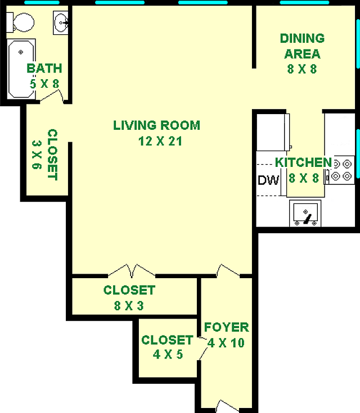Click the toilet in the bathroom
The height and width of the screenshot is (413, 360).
click(21, 22)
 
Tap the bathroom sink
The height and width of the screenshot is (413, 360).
click(61, 22)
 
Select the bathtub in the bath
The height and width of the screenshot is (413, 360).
click(21, 69)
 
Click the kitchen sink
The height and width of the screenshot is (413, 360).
click(305, 213)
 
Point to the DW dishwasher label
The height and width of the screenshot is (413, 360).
click(268, 180)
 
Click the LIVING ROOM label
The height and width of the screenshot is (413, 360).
click(157, 125)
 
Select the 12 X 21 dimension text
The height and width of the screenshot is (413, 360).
click(160, 141)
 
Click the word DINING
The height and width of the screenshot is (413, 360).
click(302, 38)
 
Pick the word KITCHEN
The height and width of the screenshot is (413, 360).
click(303, 162)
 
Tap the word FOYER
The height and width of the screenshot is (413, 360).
click(227, 327)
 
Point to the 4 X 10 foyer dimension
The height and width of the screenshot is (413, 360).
click(226, 343)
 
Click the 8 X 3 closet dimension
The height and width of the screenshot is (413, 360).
click(129, 306)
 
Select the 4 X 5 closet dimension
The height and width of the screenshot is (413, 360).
click(168, 354)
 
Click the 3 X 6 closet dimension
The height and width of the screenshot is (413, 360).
click(37, 155)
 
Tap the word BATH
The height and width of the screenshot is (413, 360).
click(44, 69)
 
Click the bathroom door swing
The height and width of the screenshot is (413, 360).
click(51, 96)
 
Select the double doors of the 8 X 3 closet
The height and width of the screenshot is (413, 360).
click(132, 270)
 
